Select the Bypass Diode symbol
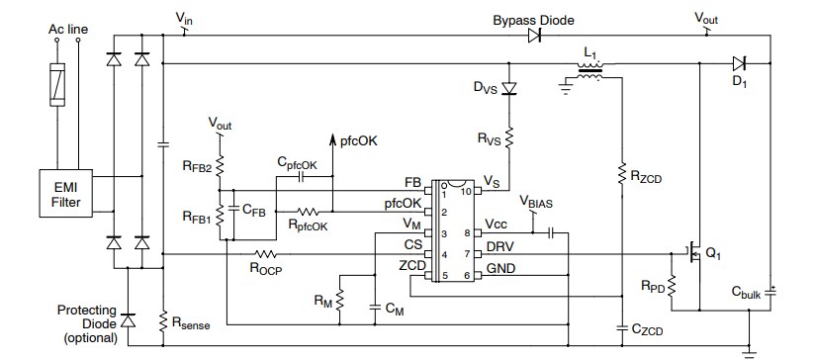(534, 36)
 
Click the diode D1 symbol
(737, 61)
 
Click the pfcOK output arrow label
(358, 140)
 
